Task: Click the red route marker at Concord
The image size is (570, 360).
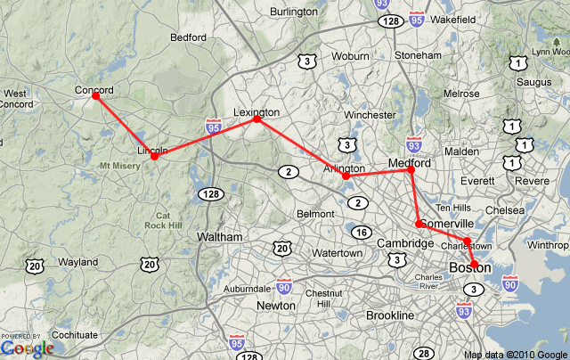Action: tap(96, 95)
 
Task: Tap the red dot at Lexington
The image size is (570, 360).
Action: tap(256, 119)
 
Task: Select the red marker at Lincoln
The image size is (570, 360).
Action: tap(154, 156)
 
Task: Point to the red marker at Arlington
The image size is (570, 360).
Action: tap(346, 176)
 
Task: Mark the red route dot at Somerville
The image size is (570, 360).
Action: tap(419, 224)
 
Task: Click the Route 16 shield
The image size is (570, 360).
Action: tap(361, 233)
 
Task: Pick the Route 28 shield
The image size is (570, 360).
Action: tap(423, 354)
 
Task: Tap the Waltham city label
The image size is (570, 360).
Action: tap(218, 237)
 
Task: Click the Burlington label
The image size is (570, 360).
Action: tap(293, 12)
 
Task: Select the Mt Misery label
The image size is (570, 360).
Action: tap(121, 166)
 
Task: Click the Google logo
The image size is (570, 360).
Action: tap(27, 348)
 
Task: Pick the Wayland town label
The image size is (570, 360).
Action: tap(78, 262)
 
